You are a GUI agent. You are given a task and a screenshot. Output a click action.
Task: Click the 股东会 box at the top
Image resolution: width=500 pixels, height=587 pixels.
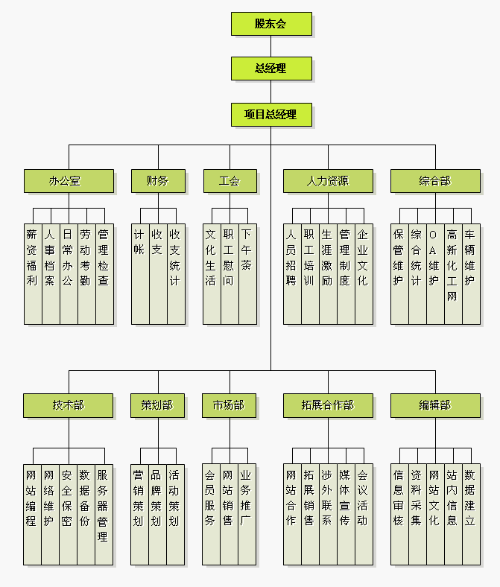(270, 24)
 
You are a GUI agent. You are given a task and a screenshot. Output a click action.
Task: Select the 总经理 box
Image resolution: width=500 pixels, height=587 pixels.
(270, 69)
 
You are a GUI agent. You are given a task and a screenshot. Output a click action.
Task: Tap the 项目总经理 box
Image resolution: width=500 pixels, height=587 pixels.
(270, 115)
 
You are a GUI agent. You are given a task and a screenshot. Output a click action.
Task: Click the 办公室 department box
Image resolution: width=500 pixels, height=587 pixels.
(69, 181)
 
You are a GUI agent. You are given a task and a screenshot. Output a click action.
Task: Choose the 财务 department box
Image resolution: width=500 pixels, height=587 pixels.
(157, 181)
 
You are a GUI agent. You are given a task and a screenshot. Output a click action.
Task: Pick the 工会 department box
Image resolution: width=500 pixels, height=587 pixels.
(230, 181)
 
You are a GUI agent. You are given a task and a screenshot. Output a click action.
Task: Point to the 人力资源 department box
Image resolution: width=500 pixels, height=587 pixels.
(328, 181)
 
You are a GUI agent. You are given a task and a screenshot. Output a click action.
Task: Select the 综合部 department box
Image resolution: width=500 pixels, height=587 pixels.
(435, 181)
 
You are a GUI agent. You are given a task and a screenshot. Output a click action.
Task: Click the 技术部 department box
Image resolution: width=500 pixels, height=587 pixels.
(69, 405)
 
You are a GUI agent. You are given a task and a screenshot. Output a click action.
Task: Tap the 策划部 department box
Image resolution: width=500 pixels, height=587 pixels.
(156, 405)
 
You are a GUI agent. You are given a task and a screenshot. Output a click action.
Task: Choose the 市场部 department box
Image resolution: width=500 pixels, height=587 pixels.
(229, 405)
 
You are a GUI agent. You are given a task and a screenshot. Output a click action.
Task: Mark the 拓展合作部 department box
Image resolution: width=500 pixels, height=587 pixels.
(328, 405)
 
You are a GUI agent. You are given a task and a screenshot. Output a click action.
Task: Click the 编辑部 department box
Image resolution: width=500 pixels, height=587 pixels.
(435, 405)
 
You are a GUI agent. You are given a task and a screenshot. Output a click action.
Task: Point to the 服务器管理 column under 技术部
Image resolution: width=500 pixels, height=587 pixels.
(104, 514)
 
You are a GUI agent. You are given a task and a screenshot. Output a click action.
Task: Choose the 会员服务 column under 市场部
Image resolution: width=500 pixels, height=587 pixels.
(211, 514)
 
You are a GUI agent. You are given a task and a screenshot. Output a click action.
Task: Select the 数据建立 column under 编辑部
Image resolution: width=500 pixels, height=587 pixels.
(470, 514)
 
